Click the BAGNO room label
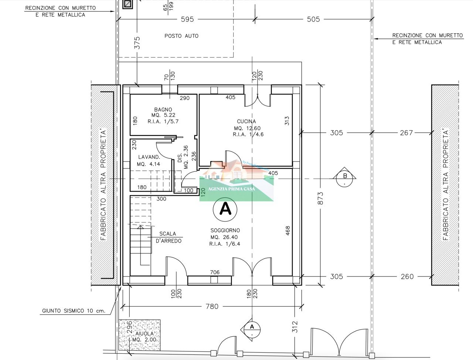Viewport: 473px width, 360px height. point(163,110)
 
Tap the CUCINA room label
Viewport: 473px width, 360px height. point(246,121)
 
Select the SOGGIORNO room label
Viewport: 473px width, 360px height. point(225,230)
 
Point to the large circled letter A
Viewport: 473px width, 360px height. point(225,209)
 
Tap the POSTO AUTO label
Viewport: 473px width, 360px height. point(181,36)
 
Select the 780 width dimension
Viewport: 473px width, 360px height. point(212,306)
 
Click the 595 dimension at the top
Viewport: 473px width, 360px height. point(187,19)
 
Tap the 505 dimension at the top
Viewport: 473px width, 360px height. point(313,19)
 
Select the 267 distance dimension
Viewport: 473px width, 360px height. point(406,133)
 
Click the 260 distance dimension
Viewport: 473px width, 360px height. point(407,277)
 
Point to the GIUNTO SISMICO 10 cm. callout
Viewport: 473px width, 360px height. point(74,311)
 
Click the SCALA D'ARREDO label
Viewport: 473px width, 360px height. point(168,237)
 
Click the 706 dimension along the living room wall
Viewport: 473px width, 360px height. point(215,272)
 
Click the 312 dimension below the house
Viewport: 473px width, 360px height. point(295,327)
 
